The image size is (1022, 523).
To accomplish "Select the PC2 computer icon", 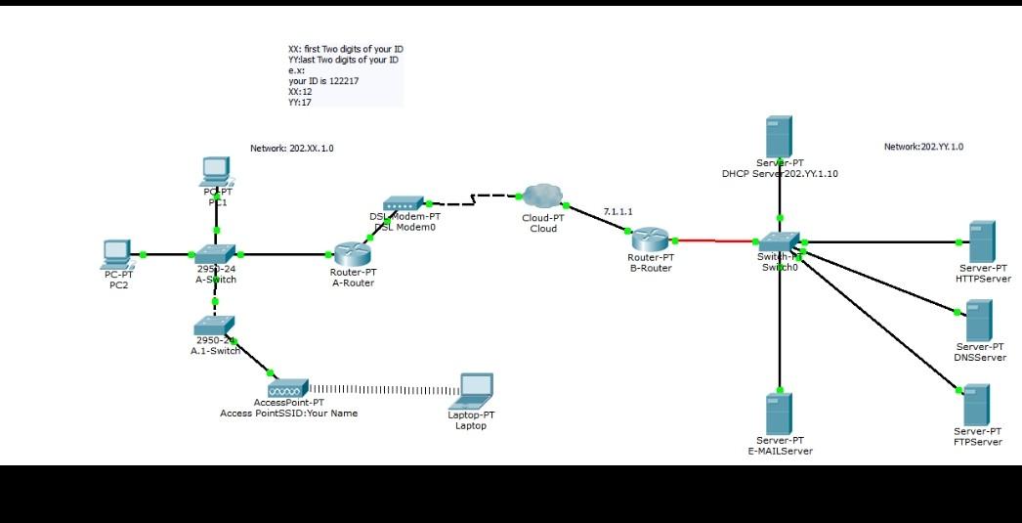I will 118,255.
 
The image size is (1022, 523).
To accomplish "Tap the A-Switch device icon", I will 215,254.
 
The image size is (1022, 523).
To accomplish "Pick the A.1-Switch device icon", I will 214,326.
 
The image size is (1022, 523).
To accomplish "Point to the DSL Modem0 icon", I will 404,204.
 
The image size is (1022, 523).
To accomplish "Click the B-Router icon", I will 649,239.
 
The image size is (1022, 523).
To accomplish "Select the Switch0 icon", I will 779,241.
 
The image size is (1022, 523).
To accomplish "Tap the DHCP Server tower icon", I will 779,136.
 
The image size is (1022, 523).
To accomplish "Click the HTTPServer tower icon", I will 981,241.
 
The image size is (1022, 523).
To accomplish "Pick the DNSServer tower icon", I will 979,320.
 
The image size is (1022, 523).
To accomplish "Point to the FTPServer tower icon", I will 977,404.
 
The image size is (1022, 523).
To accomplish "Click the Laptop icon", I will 475,391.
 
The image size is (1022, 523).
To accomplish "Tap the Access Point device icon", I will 288,388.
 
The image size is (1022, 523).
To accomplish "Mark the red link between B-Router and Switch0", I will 713,240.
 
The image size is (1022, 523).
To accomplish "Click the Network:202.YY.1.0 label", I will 923,147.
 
